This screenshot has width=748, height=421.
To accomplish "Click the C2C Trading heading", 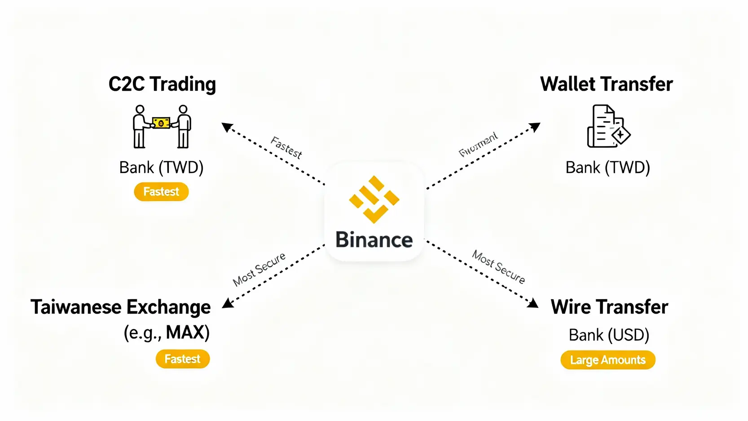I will pos(162,84).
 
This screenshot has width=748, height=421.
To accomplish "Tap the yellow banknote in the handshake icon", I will pos(161,123).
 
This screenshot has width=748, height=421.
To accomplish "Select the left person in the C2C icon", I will pos(140,127).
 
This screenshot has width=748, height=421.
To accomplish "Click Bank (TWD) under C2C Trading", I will pos(161,168).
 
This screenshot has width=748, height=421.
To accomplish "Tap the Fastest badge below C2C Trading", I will pos(161,192).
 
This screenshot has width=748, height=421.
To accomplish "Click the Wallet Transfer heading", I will pos(606,84).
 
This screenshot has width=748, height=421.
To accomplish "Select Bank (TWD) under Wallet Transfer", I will pos(607,168).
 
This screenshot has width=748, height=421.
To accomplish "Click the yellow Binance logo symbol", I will pos(374,199).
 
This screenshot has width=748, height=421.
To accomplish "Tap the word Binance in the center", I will pos(374,239).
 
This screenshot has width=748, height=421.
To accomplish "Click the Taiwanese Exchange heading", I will pos(120,307).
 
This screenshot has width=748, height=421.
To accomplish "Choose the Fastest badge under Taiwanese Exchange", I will pos(182,359).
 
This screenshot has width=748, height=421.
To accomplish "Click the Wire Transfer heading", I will pos(609,307).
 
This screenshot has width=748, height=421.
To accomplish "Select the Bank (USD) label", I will pos(609,335).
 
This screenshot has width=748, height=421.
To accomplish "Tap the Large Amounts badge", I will pos(607,360).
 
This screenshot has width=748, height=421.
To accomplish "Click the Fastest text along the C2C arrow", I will pos(286,148).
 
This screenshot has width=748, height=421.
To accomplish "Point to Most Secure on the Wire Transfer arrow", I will pos(498,267).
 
